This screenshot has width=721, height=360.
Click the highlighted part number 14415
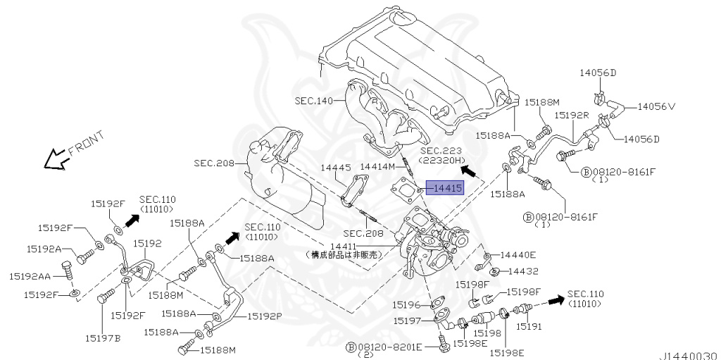click(447, 188)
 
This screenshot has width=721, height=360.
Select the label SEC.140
click(314, 101)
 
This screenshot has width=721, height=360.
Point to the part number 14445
click(336, 167)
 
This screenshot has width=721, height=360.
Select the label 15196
click(406, 305)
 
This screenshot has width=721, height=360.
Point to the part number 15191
click(530, 327)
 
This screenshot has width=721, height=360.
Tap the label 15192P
click(264, 316)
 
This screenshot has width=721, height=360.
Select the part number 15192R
click(571, 114)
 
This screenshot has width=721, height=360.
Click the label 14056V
click(656, 107)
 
